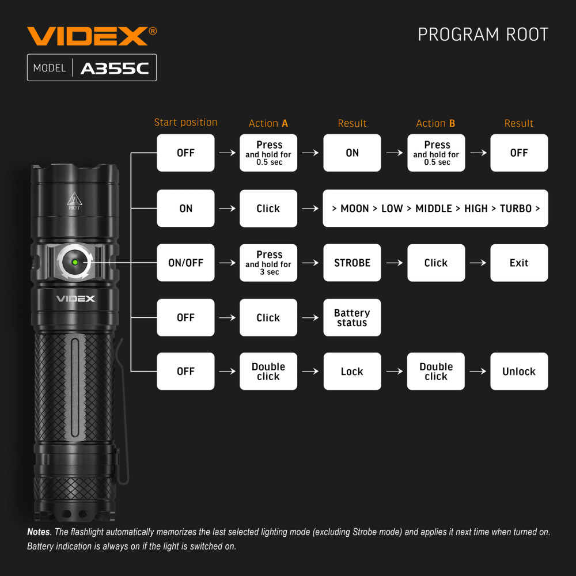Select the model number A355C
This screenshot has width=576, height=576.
tap(115, 69)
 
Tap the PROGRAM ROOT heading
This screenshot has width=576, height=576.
tap(483, 35)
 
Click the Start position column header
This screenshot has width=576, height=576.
tap(186, 122)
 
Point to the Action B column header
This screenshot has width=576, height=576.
tap(435, 123)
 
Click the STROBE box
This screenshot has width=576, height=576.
tap(352, 263)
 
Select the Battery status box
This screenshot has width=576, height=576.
tap(352, 317)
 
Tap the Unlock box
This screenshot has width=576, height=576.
tap(519, 371)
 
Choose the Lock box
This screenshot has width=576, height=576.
tap(352, 371)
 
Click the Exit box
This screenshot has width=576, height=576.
tap(519, 263)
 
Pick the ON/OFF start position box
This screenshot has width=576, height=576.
tap(185, 263)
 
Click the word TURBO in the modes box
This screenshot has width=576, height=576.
tap(516, 209)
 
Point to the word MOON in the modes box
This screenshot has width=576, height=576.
tap(354, 209)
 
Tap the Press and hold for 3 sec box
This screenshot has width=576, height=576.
tap(268, 263)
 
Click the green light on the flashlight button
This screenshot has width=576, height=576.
tap(75, 262)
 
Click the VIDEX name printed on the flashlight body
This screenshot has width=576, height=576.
tap(75, 298)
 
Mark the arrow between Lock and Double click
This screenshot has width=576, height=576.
tap(395, 372)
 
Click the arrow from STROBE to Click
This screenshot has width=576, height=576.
tap(395, 263)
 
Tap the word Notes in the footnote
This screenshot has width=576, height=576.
tap(39, 532)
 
